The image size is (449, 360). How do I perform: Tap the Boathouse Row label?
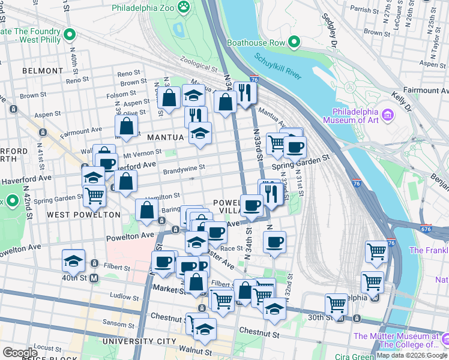[x=260, y=43]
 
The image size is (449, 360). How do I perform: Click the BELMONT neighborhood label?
[x=42, y=71]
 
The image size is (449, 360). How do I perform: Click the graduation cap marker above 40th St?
[x=73, y=260]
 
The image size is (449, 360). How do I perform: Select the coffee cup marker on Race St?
[x=274, y=242]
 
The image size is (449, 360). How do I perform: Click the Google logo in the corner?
[x=20, y=352]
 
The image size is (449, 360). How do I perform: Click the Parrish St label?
[x=360, y=10]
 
